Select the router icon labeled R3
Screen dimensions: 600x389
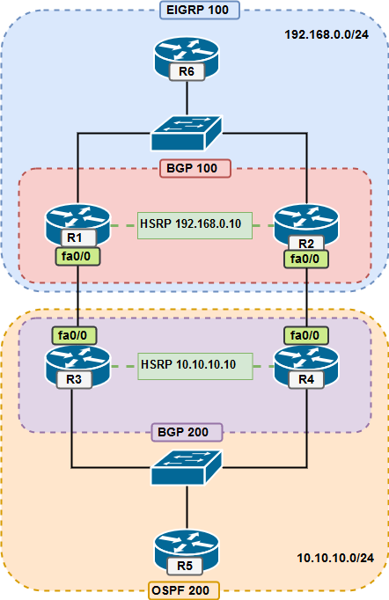pyautogui.click(x=77, y=366)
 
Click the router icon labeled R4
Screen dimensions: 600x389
pyautogui.click(x=306, y=366)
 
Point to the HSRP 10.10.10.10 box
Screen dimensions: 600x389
pyautogui.click(x=194, y=364)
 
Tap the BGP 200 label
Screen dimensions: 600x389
pyautogui.click(x=193, y=432)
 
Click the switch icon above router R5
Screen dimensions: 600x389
pyautogui.click(x=187, y=469)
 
